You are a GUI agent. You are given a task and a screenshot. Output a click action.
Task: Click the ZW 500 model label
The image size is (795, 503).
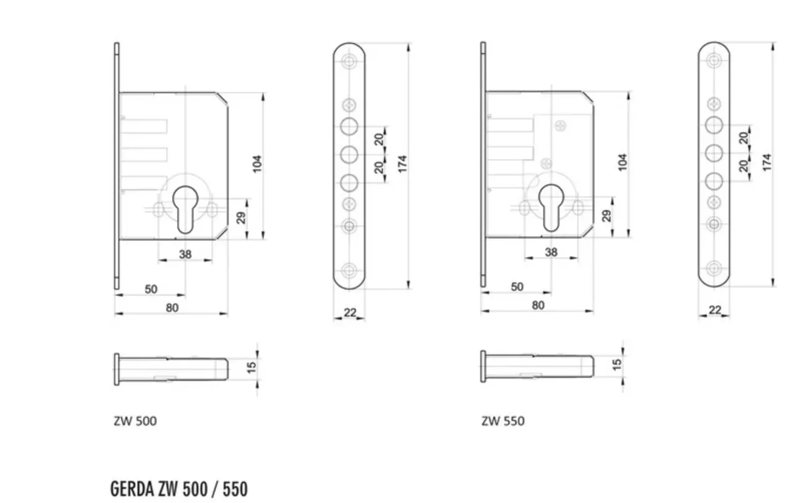click(x=135, y=421)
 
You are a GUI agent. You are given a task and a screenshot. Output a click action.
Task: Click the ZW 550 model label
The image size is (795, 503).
click(x=503, y=421)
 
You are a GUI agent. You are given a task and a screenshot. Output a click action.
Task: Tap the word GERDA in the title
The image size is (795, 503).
click(x=132, y=489)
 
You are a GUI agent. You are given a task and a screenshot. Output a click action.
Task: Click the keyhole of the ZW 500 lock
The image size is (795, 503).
click(x=185, y=209)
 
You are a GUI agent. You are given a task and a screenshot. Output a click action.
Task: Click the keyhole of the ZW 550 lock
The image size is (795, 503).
click(x=551, y=207)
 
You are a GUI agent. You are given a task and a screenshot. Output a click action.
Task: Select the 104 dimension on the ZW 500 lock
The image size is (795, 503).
click(x=257, y=164)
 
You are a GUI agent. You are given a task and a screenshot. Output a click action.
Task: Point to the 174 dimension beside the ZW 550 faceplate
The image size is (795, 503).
click(x=766, y=163)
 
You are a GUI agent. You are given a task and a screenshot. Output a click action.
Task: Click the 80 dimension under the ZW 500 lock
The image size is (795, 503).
click(x=172, y=307)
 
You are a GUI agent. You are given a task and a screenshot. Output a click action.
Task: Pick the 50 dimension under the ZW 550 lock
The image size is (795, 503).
click(x=517, y=287)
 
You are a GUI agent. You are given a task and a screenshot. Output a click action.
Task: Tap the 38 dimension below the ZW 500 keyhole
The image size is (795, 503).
click(x=185, y=255)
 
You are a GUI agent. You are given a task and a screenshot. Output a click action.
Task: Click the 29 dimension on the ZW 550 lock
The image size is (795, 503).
click(x=607, y=215)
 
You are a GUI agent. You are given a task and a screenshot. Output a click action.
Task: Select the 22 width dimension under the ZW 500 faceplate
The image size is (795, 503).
click(x=350, y=312)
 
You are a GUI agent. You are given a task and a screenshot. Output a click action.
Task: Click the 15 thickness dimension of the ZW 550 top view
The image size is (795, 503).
click(x=617, y=365)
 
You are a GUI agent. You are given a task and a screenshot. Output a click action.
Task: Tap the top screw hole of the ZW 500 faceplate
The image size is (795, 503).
click(x=349, y=61)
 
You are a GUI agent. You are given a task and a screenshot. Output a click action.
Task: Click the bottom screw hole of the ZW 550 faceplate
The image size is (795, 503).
click(x=714, y=268)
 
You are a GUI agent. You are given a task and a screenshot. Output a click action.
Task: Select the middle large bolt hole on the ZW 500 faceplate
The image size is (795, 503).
click(x=349, y=155)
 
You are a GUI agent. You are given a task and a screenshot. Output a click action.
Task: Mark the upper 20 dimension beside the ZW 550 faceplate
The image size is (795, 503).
click(x=743, y=138)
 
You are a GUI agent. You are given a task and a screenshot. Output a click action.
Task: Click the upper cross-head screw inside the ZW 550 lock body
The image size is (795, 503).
click(x=560, y=125)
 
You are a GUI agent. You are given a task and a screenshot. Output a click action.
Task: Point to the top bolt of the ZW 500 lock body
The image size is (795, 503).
click(x=143, y=127)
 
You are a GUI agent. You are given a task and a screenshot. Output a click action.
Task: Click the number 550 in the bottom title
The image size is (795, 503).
click(x=235, y=489)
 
